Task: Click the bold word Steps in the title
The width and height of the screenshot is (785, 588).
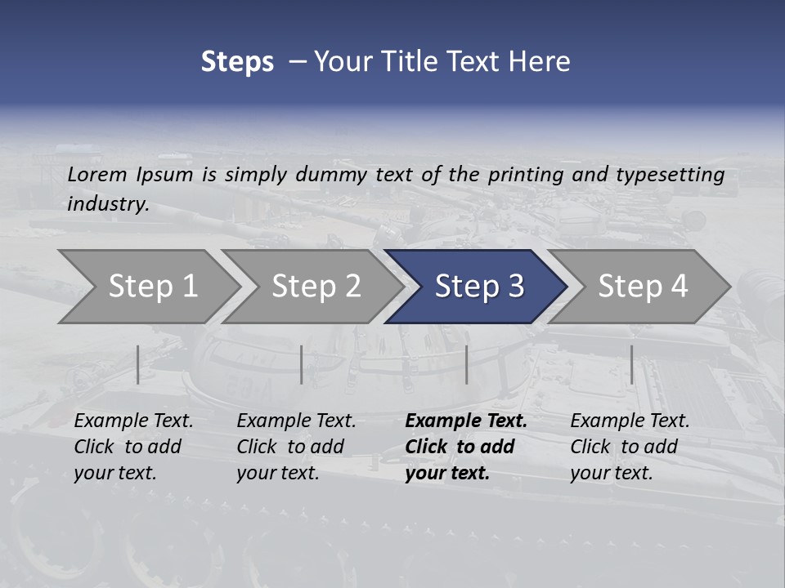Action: coord(237,61)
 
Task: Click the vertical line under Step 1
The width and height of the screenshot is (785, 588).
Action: coord(138,364)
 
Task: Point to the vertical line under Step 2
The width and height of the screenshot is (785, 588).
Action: coord(302,364)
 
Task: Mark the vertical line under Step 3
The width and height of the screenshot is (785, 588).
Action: coord(466,364)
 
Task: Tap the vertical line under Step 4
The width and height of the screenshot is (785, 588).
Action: coord(631,364)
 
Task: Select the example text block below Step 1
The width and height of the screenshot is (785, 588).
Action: coord(133,447)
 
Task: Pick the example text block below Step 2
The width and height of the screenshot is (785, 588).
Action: coord(296,447)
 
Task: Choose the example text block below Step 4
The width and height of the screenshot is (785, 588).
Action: coord(630,447)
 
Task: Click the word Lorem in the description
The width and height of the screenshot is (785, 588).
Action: coord(97,174)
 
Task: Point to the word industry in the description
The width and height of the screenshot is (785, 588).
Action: coord(108,203)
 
